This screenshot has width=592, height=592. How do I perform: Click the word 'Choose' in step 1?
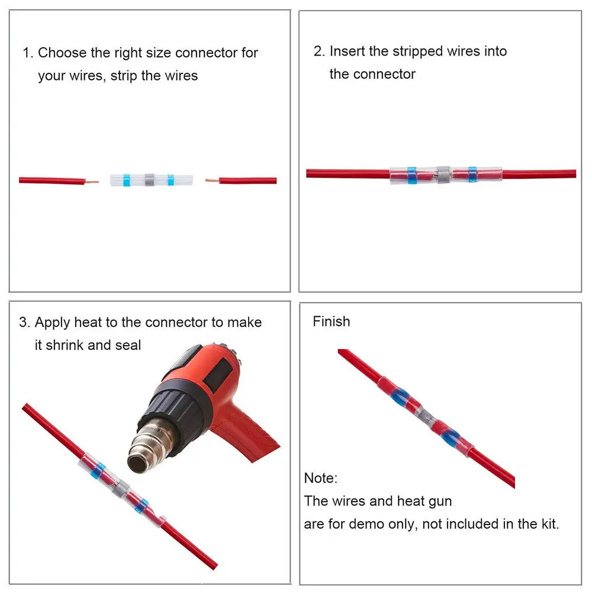coord(62,53)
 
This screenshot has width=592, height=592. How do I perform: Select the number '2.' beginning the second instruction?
coord(320,52)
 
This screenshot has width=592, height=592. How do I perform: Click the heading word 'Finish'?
coord(332,321)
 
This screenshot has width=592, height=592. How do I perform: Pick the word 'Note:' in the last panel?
coord(321,478)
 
